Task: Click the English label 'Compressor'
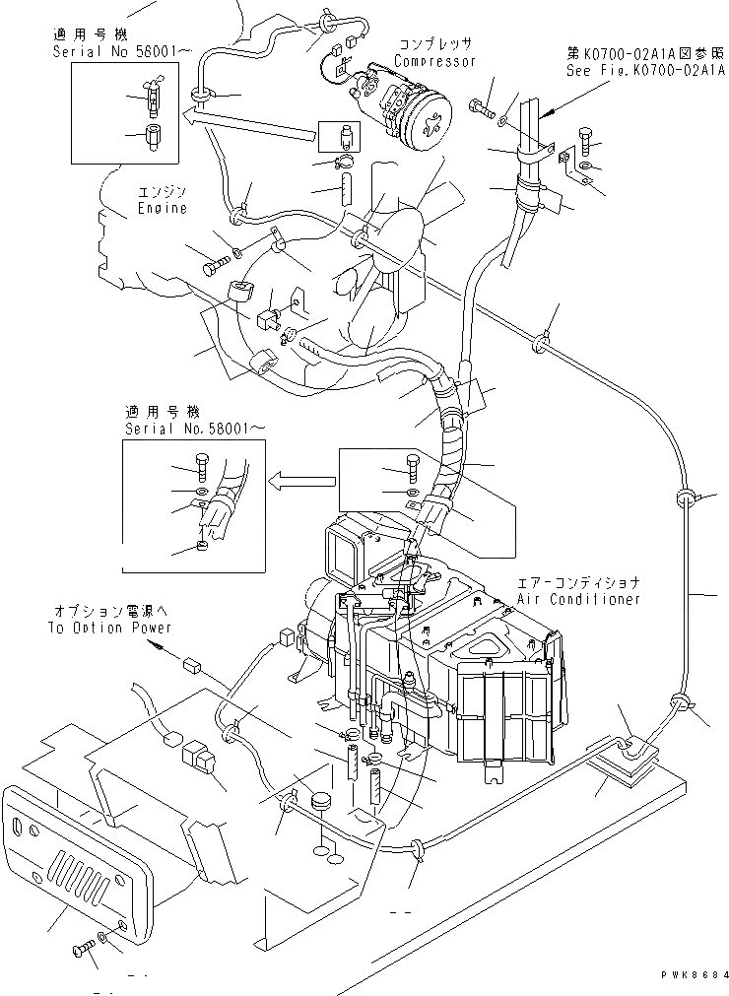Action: [x=434, y=61]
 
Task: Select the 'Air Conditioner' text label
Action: [x=578, y=599]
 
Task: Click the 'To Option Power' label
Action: [x=109, y=628]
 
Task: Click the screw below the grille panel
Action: [x=83, y=950]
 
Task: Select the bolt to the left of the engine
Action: [x=216, y=263]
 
